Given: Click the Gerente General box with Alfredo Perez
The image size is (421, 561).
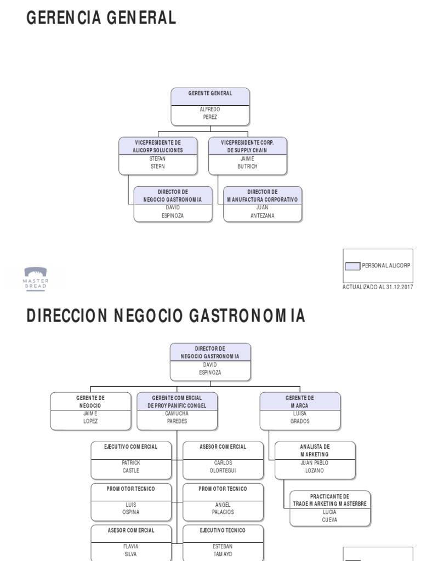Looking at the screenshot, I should coord(210,106).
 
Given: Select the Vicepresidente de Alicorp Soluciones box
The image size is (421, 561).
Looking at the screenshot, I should coord(158,156).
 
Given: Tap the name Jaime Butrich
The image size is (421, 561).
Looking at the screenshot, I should coord(248,163).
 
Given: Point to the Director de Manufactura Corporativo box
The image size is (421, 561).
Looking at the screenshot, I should coord(263,204).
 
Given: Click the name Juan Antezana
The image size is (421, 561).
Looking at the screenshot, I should coord(263,212).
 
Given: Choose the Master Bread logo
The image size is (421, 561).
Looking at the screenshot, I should coord(36,278).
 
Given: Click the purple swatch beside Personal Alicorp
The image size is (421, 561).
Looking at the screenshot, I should coord(352,266).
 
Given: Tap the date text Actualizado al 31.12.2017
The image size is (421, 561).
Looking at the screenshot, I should coord(378,287).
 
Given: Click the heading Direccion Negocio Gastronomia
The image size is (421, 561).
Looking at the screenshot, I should coord(166,316).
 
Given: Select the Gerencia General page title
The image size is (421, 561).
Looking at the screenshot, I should coord(101,18).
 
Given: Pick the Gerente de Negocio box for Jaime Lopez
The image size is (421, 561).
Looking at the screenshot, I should coord(90,411).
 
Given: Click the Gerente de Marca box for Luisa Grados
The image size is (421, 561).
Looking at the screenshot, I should coord(300,411).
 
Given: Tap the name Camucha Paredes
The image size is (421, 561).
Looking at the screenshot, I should coord(177,418).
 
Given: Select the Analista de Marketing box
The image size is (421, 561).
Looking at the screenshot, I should coord(315,459).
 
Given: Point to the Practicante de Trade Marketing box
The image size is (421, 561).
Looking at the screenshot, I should coord(330,508).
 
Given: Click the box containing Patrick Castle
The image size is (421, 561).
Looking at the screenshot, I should coord(131,459).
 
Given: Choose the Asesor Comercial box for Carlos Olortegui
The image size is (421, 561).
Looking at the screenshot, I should coord(223,459).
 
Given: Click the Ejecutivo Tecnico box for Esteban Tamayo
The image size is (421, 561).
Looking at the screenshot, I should coord(223,542).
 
